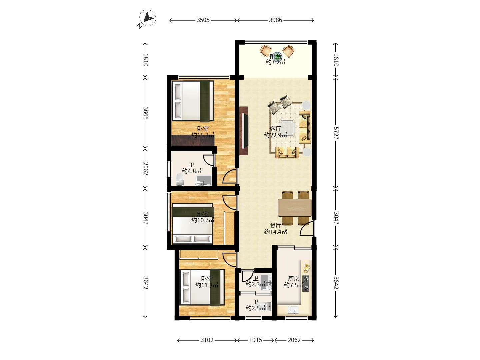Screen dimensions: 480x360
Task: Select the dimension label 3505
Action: [203, 20]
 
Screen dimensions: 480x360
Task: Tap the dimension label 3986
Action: [276, 20]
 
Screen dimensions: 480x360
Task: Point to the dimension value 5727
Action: [336, 133]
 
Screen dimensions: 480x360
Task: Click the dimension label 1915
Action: [256, 340]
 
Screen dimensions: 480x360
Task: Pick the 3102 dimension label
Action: [207, 340]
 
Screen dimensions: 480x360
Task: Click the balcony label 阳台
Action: [276, 56]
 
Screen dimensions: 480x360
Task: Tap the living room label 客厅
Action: [276, 129]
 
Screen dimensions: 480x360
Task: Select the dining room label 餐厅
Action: [276, 225]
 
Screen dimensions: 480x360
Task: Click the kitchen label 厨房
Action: [293, 279]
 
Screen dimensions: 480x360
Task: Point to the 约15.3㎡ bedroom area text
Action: [203, 135]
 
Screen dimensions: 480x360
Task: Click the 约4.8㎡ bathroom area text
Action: [192, 171]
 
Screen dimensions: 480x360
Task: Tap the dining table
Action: [295, 207]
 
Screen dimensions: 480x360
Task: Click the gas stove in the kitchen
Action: [306, 283]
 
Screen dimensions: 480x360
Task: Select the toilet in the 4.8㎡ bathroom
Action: [180, 179]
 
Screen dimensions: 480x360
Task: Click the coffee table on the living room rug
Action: [287, 128]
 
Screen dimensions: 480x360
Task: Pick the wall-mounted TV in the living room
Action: [244, 131]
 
